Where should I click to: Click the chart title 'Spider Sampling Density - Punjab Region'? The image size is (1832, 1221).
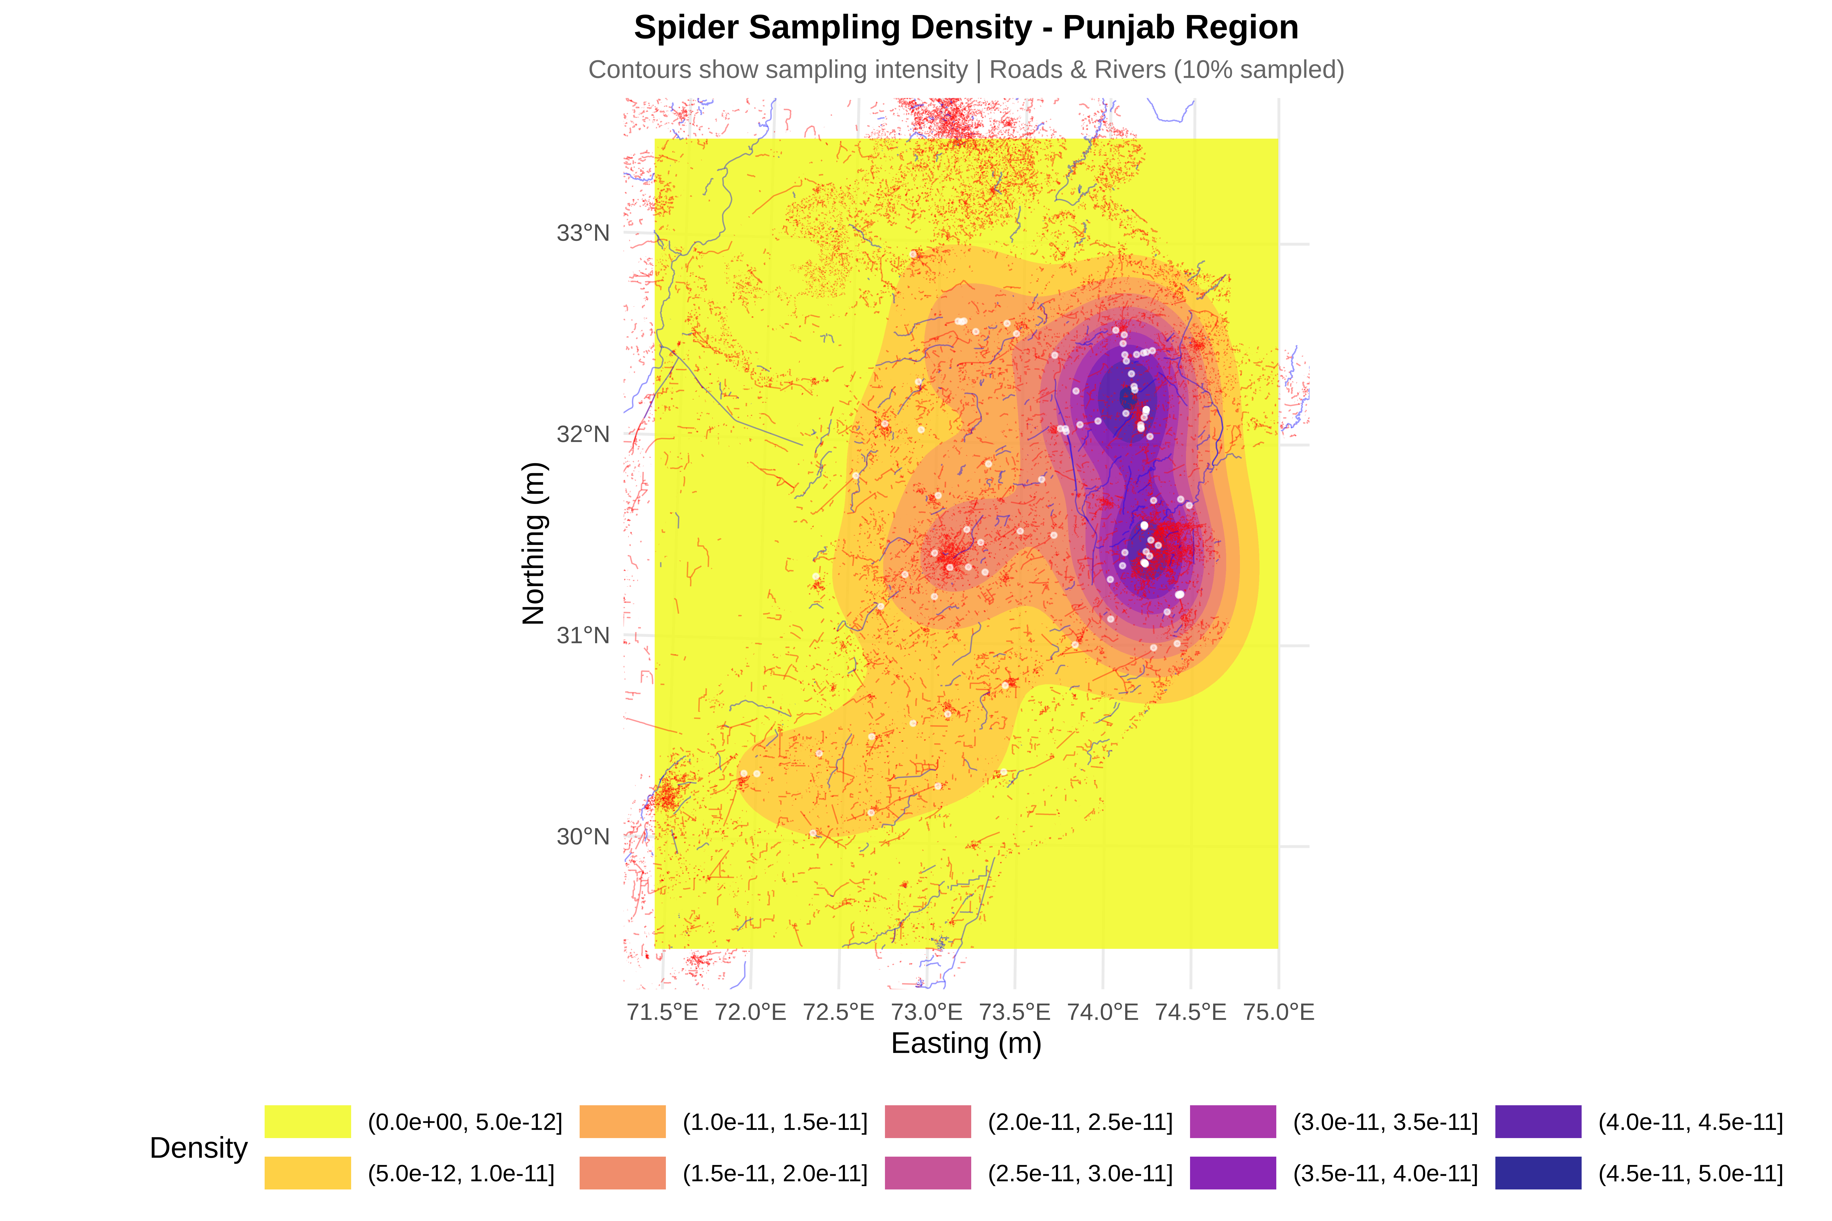tap(966, 28)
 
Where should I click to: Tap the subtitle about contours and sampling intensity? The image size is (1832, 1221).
tap(966, 70)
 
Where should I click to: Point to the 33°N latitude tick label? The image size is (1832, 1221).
tap(583, 233)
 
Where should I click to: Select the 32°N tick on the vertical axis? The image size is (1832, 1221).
tap(583, 434)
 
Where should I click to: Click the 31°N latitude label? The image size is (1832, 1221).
tap(583, 635)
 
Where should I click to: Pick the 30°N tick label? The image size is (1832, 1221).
tap(583, 836)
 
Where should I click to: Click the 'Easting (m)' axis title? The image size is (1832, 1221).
tap(966, 1043)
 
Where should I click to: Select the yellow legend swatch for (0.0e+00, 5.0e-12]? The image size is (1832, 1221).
tap(308, 1121)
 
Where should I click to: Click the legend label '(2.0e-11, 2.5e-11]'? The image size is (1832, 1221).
tap(1080, 1122)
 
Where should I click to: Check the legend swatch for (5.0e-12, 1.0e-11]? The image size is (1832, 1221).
tap(308, 1173)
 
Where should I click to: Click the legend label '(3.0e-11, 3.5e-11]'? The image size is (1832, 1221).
tap(1385, 1122)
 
